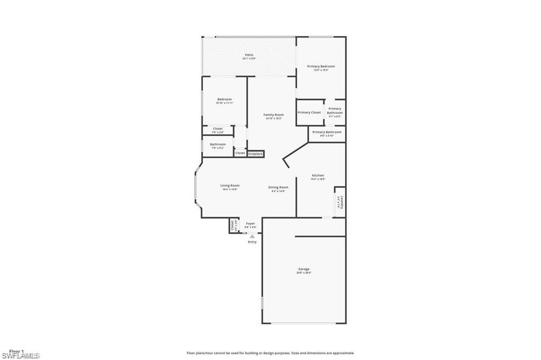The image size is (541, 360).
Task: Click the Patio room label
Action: point(249,55)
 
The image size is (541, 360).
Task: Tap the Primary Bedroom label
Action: point(321,67)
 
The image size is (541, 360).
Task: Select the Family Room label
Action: point(274,115)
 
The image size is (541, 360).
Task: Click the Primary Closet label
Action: point(309,112)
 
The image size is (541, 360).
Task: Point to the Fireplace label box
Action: point(256,154)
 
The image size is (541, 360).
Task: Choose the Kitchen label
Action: point(318,175)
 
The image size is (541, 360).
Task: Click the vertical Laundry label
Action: point(341,202)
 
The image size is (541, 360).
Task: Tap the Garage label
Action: point(304,269)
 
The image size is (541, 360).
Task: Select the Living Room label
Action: point(230,186)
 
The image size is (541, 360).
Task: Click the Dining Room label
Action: point(278,187)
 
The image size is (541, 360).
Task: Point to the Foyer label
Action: point(250,224)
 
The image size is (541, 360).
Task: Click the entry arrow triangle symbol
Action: point(252,237)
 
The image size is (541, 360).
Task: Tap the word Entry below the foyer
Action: point(252,242)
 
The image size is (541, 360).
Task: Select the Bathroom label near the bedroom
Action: point(218,145)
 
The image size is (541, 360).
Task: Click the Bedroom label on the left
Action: point(225,99)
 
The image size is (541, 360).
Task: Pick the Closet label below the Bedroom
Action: point(218,129)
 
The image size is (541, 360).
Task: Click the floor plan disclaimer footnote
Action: point(270,353)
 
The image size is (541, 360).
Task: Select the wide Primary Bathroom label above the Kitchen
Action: point(327,132)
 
